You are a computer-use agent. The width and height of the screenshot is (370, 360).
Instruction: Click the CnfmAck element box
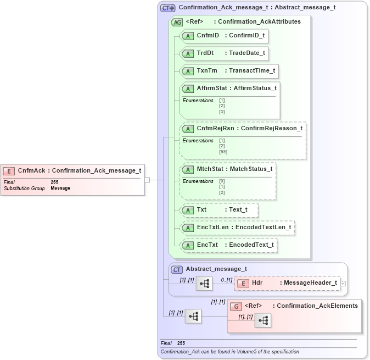(72, 170)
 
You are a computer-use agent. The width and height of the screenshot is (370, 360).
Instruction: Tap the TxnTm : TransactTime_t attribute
(229, 71)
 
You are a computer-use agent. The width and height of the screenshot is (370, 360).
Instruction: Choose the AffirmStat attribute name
(211, 88)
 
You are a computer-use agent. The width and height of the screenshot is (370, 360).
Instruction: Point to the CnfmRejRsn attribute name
(215, 128)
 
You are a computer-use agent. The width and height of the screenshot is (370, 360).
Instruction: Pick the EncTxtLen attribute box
(237, 227)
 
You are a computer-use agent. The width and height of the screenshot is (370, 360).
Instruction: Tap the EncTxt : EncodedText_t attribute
(228, 245)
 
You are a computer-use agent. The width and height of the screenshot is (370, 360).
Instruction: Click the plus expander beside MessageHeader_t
(343, 284)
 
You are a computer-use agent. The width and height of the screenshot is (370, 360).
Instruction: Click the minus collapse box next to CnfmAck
(147, 179)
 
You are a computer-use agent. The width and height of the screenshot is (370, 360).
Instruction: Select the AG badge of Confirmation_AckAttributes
(177, 22)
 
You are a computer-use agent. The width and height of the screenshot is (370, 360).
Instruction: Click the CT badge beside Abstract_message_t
(177, 269)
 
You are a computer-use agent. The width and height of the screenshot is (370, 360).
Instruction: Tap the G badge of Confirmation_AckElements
(236, 306)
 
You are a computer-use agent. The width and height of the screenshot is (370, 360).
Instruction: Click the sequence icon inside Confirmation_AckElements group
(262, 321)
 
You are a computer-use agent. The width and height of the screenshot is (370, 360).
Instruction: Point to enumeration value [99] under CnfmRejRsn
(223, 152)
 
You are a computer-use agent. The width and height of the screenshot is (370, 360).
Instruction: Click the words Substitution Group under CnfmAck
(24, 188)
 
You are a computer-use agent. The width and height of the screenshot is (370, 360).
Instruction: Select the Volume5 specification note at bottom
(230, 352)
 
